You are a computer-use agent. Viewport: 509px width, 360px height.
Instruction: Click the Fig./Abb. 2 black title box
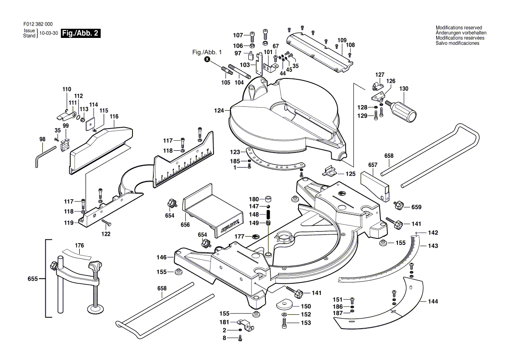81,34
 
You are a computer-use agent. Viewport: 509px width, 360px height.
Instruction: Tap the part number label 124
219,111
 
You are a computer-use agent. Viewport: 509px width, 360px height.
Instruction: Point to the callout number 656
185,225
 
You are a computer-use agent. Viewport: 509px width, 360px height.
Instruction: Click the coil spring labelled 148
269,214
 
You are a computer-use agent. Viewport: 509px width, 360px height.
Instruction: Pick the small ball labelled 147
269,206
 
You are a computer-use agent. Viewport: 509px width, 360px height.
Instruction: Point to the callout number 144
433,302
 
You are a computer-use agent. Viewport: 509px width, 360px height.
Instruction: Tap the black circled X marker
207,59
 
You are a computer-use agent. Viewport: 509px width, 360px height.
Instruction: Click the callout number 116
114,116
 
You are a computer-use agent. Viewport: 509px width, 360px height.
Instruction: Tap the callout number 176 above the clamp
79,245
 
